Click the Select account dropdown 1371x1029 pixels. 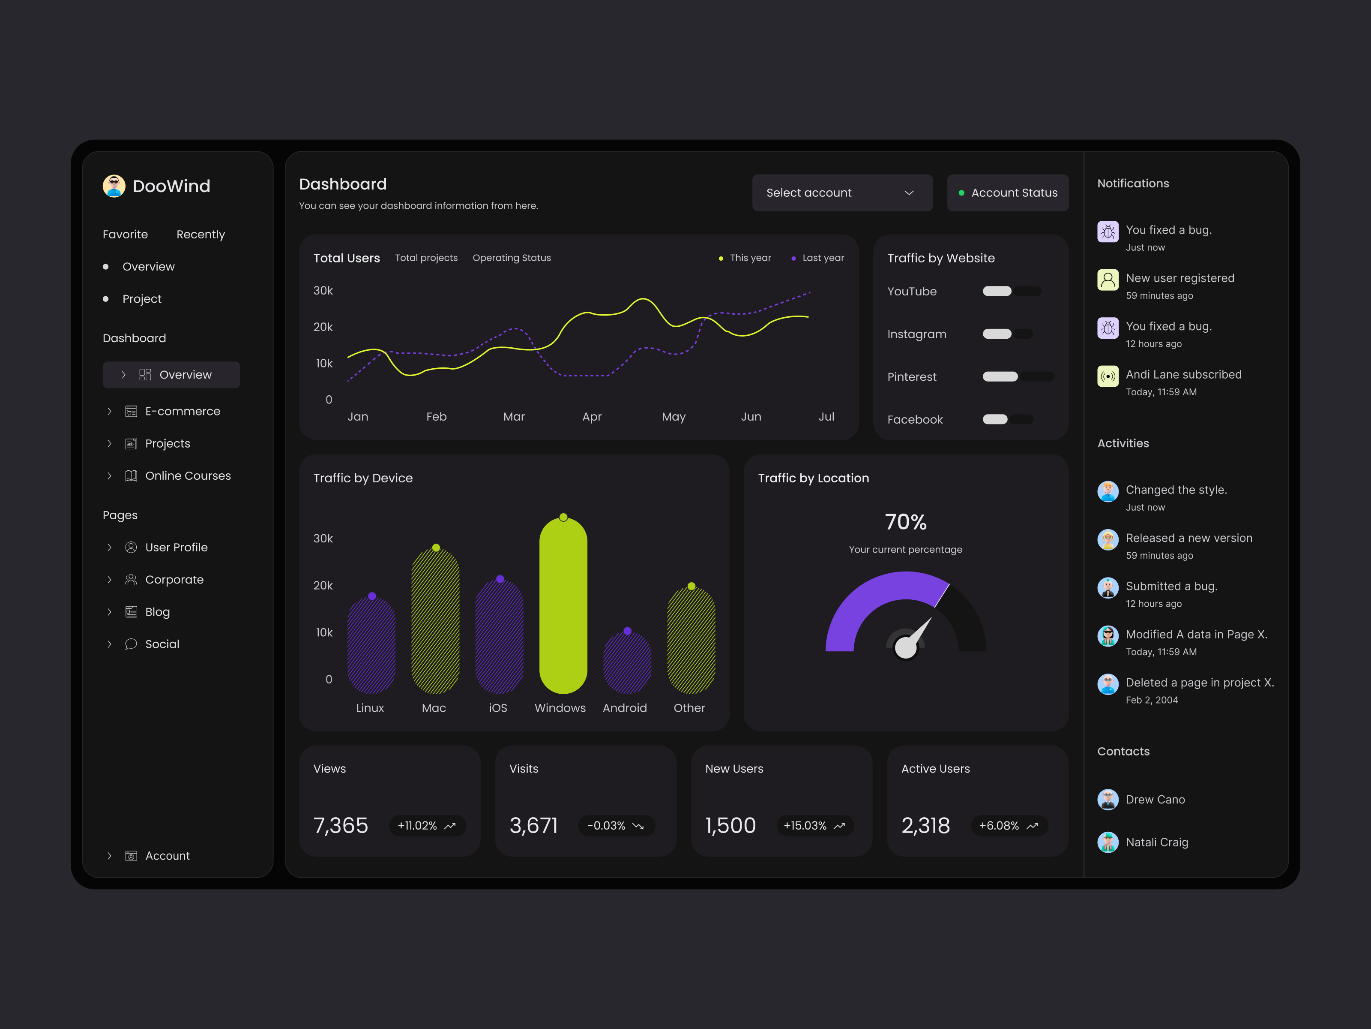click(x=842, y=193)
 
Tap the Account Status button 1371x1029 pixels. click(x=1007, y=193)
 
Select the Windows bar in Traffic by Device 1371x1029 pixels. click(x=563, y=608)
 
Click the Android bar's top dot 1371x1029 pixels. click(x=627, y=631)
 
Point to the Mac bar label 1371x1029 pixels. click(x=434, y=708)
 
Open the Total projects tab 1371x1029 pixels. click(x=426, y=258)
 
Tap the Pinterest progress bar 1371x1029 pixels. click(x=1017, y=376)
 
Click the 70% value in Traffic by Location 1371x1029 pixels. click(x=906, y=522)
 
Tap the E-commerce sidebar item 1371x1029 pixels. click(x=182, y=411)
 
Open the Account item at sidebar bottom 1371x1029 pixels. click(x=168, y=856)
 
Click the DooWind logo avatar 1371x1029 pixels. click(x=114, y=186)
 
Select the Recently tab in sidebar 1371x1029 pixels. click(x=200, y=235)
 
